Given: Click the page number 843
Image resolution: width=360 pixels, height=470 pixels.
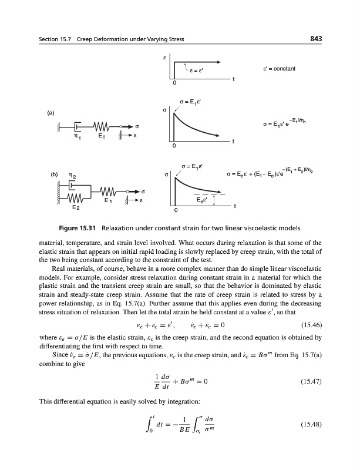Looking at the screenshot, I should tap(317, 39).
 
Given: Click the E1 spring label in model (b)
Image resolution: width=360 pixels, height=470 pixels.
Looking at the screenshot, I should tap(107, 201).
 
